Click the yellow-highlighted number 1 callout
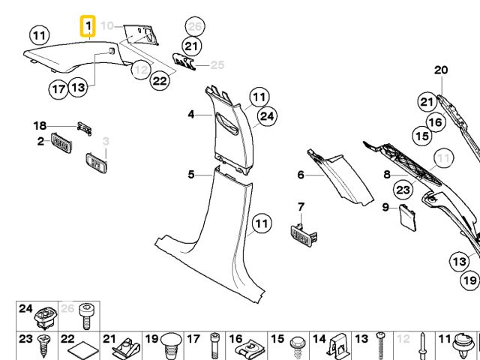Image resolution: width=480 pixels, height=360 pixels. [88, 28]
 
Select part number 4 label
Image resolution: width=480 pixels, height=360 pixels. [191, 115]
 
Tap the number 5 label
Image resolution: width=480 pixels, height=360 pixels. [191, 175]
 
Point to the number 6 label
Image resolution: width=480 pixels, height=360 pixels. [301, 175]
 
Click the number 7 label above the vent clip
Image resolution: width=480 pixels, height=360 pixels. [301, 206]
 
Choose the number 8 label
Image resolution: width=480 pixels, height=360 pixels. [387, 175]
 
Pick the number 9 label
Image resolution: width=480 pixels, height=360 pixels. [385, 206]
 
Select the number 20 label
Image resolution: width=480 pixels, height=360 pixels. [441, 70]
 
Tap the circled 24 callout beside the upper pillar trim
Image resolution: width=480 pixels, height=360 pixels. [267, 115]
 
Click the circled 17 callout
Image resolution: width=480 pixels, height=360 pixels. [59, 89]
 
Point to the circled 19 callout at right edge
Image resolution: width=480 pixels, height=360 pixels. [470, 281]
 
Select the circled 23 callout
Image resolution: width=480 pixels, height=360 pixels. [403, 190]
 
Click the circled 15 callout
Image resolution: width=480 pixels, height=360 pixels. [422, 136]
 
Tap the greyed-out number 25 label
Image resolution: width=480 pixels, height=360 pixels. [217, 64]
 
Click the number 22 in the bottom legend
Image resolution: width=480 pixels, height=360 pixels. [67, 340]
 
